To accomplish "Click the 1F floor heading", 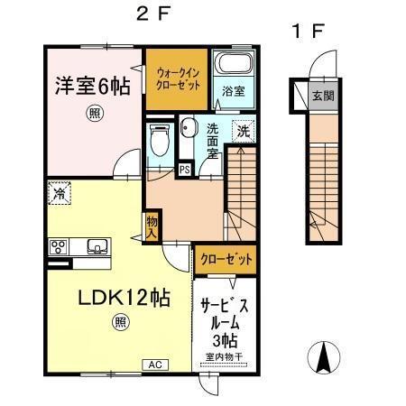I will pyautogui.click(x=307, y=30).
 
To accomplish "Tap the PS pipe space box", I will pyautogui.click(x=184, y=169).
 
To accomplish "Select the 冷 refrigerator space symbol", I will pyautogui.click(x=57, y=192).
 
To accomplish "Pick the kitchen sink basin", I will pyautogui.click(x=96, y=246).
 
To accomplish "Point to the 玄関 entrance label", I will pyautogui.click(x=319, y=95).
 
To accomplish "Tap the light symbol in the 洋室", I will pyautogui.click(x=94, y=113).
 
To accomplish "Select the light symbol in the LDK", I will pyautogui.click(x=120, y=321).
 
